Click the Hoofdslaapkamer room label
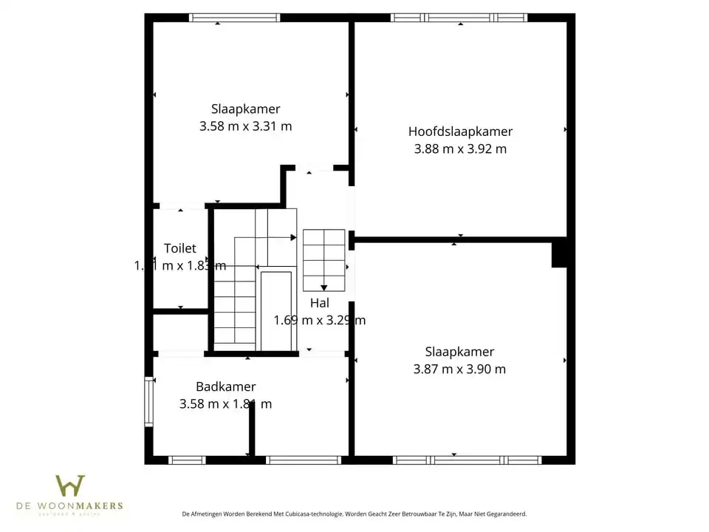pyautogui.click(x=460, y=132)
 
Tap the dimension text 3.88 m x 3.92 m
pyautogui.click(x=460, y=149)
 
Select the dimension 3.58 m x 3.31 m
pyautogui.click(x=245, y=126)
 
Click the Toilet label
pyautogui.click(x=180, y=248)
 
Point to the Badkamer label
pyautogui.click(x=225, y=386)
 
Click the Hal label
pyautogui.click(x=319, y=302)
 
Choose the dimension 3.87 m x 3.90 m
pyautogui.click(x=459, y=369)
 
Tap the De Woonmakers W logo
pyautogui.click(x=70, y=486)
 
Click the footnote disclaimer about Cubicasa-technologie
pyautogui.click(x=354, y=513)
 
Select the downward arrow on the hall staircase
pyautogui.click(x=323, y=287)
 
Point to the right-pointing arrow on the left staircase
pyautogui.click(x=292, y=237)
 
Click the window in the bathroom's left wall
pyautogui.click(x=148, y=401)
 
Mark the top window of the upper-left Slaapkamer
pyautogui.click(x=234, y=18)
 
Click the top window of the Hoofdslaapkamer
pyautogui.click(x=459, y=18)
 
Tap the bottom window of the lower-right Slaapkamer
pyautogui.click(x=467, y=460)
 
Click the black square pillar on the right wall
pyautogui.click(x=559, y=253)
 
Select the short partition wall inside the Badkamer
pyautogui.click(x=252, y=429)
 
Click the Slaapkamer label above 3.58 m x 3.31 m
pyautogui.click(x=245, y=109)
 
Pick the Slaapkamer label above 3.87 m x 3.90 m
pyautogui.click(x=459, y=352)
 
